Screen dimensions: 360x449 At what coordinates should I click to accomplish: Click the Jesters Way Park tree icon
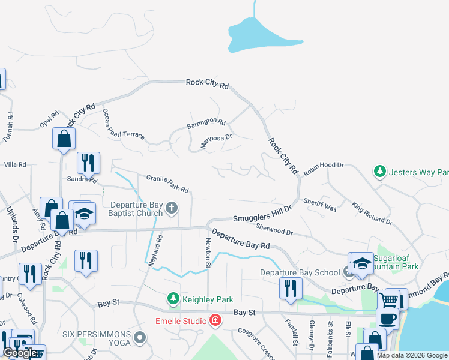pos(380,172)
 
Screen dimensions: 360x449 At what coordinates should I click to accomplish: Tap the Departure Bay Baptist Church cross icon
pos(172,208)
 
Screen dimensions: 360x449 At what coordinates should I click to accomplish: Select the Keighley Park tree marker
pos(173,298)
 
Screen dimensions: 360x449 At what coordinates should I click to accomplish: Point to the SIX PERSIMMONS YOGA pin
pos(140,338)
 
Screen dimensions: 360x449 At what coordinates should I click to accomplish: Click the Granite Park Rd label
pos(168,183)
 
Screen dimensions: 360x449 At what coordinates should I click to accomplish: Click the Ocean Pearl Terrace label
pos(123,124)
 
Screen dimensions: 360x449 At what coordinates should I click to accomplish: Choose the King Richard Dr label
pos(372,213)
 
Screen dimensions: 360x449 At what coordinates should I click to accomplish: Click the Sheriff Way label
pos(320,205)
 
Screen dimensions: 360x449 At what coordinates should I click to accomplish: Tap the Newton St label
pos(208,252)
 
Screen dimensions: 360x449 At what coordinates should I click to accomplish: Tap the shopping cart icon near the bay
pos(389,298)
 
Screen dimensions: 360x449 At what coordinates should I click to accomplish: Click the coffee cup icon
pos(387,318)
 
